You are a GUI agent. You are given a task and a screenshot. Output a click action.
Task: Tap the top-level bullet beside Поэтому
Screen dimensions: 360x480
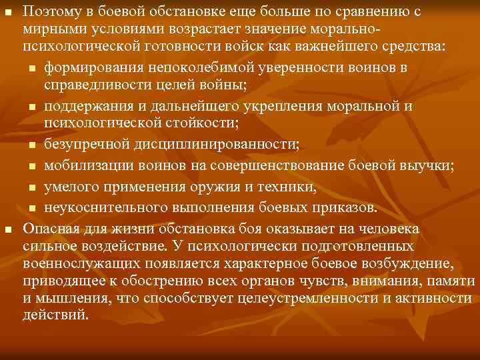pyautogui.click(x=8, y=12)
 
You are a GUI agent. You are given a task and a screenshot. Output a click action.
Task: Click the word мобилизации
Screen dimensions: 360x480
pyautogui.click(x=87, y=165)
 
